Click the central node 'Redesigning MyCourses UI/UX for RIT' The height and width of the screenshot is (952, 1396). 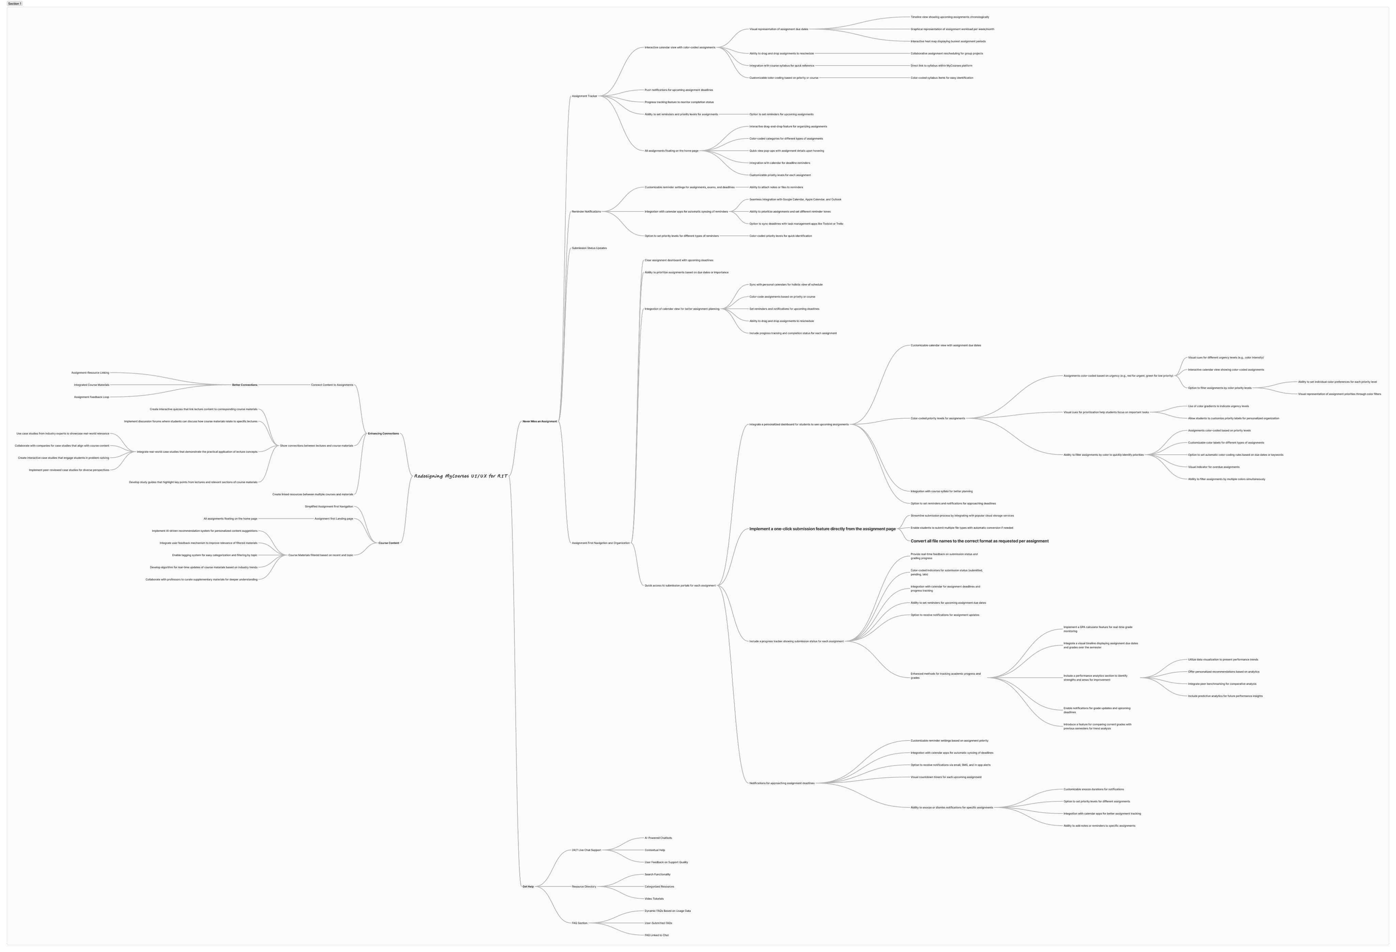pos(461,476)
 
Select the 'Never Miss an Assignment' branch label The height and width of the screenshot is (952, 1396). pos(540,421)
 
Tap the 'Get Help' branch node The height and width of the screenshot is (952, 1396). pos(528,887)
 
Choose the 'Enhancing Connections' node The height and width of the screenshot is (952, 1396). pos(383,433)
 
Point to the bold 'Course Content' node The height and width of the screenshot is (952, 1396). pos(389,543)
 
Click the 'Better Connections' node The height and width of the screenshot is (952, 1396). pos(244,385)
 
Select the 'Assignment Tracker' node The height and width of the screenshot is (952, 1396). pos(585,96)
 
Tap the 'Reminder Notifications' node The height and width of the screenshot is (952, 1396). pos(586,211)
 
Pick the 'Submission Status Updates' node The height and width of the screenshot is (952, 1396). pos(589,248)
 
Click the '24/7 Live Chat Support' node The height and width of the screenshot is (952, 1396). pos(586,850)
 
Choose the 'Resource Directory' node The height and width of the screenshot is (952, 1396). pos(584,887)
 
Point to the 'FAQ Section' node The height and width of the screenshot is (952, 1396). pos(580,923)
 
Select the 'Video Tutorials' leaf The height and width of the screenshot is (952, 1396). pos(654,898)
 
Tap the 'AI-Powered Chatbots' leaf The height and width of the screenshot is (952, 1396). pos(658,838)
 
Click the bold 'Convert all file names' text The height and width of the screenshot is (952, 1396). pos(979,541)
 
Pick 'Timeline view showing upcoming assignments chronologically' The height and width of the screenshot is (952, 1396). pos(950,17)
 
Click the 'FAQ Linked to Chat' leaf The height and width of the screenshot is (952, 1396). pos(656,935)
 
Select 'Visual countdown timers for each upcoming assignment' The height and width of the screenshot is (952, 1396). pos(946,777)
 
